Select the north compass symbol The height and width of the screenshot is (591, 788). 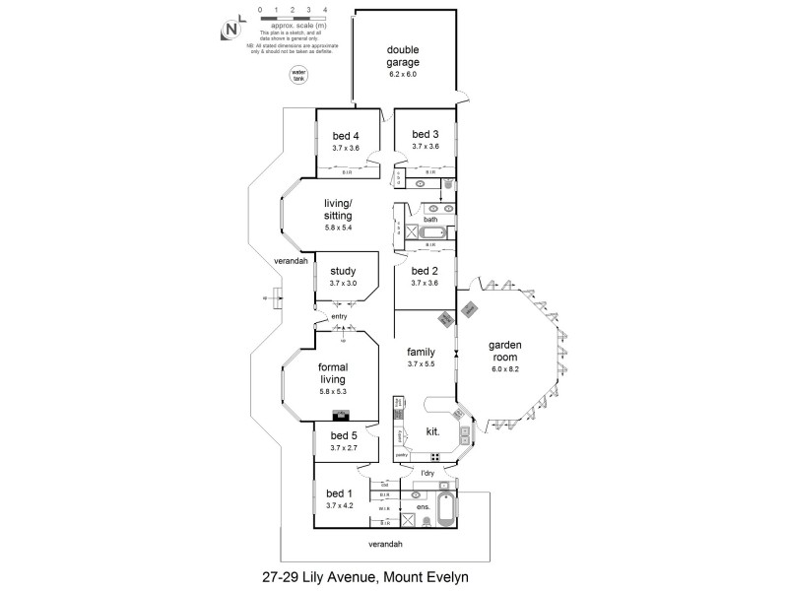click(x=231, y=30)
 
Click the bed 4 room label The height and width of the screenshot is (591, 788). click(x=345, y=135)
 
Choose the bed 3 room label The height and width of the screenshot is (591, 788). click(x=425, y=135)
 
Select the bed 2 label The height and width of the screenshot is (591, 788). click(x=425, y=271)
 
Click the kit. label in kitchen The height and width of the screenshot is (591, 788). click(x=431, y=430)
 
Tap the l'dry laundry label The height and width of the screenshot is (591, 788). click(x=427, y=474)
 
